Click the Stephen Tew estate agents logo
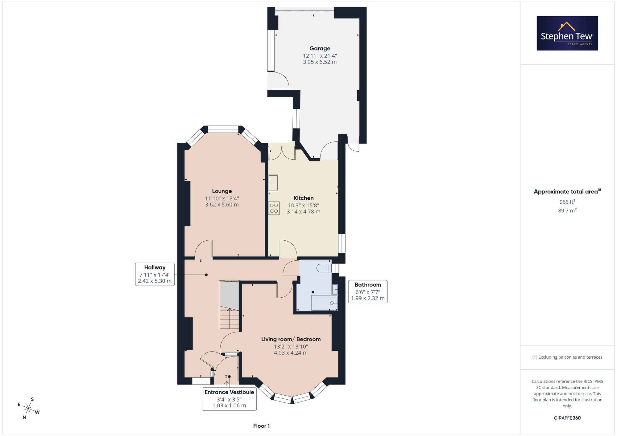[567, 33]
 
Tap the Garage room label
[320, 48]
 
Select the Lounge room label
[222, 191]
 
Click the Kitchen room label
[304, 198]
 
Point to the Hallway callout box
[155, 274]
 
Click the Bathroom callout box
[368, 291]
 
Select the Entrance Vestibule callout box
[229, 399]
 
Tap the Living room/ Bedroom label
[291, 339]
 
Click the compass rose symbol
[28, 409]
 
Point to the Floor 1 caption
[262, 426]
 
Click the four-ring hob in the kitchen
[274, 208]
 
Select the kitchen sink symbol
[273, 183]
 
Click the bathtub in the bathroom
[325, 303]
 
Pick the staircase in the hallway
[229, 305]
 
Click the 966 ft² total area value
[567, 202]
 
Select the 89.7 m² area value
[567, 210]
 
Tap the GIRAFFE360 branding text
[567, 418]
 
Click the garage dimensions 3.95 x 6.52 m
[320, 62]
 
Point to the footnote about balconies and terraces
[567, 357]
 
